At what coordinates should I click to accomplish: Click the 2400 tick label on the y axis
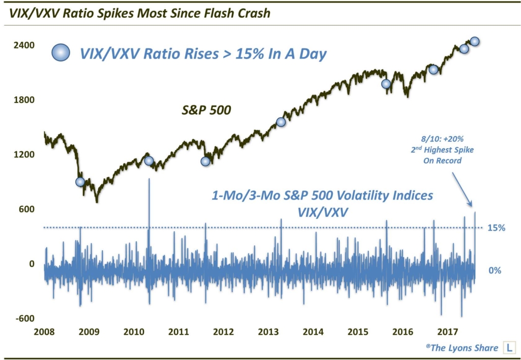[24, 45]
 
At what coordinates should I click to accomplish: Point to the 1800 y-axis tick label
[24, 100]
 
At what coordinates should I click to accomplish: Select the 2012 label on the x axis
[224, 333]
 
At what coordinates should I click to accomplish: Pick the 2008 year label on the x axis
[44, 333]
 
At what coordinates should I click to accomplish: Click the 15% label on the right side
[497, 228]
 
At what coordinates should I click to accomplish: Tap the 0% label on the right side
[495, 270]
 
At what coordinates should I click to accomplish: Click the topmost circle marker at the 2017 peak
[475, 41]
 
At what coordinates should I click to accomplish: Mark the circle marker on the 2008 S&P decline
[80, 182]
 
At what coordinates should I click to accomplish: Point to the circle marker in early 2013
[281, 122]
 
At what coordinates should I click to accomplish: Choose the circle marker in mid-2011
[205, 161]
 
